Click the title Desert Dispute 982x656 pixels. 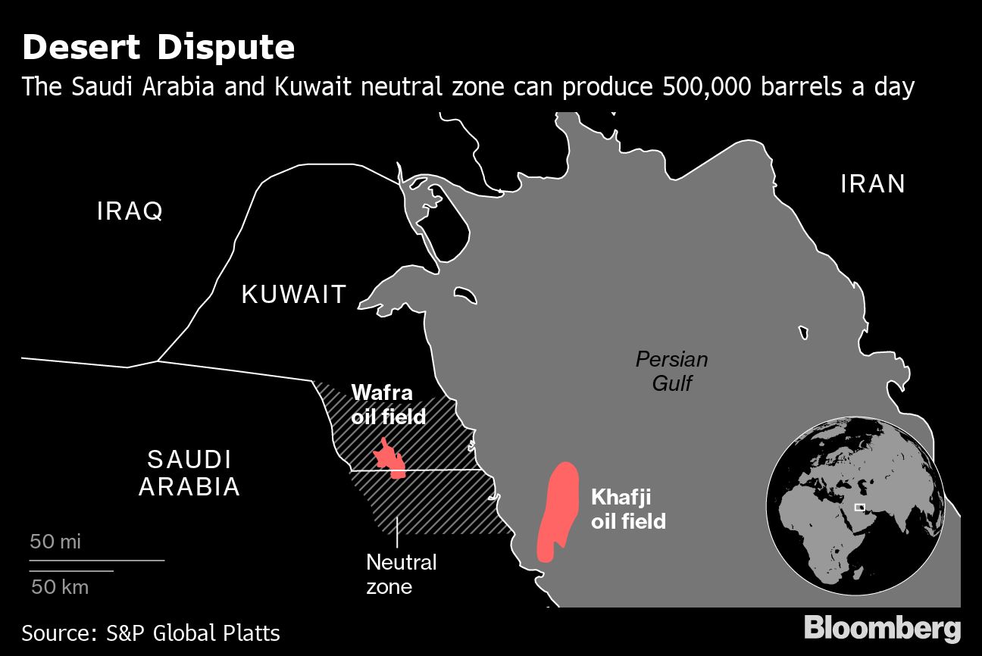click(x=158, y=48)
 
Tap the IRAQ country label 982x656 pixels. click(x=130, y=211)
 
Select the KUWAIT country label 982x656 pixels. click(x=294, y=294)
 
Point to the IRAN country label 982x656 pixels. click(x=873, y=184)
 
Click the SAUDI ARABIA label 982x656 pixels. click(x=189, y=473)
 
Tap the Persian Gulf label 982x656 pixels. click(x=671, y=370)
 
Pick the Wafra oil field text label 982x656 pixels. click(x=388, y=405)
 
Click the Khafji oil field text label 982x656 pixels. click(x=628, y=509)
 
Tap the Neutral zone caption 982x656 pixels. click(x=401, y=573)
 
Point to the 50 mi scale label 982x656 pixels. click(x=55, y=542)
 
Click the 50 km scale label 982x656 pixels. click(x=60, y=586)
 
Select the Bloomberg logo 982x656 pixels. click(x=882, y=629)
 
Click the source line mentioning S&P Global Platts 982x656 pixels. click(x=151, y=633)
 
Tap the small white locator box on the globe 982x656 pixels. click(x=859, y=508)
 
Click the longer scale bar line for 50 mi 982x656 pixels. click(x=97, y=561)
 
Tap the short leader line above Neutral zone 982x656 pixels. click(x=399, y=533)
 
